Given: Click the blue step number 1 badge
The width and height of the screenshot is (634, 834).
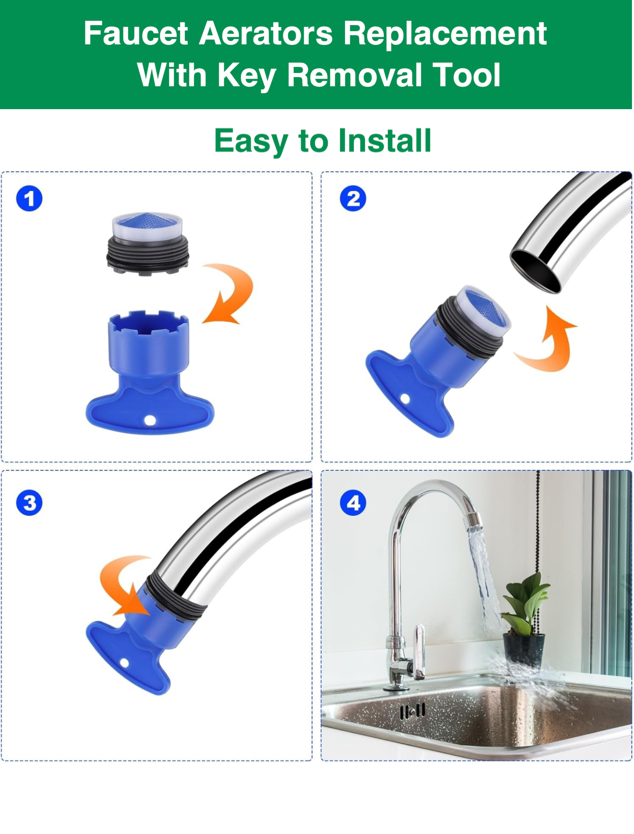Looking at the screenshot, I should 29,199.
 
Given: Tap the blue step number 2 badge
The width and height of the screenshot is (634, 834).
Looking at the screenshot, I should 354,199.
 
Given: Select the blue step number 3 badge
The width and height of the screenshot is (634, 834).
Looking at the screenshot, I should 29,503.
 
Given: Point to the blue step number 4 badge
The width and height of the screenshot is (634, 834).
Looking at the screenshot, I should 354,503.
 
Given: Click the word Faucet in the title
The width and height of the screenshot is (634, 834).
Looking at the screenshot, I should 136,34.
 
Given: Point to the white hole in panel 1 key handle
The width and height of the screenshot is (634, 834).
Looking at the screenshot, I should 150,421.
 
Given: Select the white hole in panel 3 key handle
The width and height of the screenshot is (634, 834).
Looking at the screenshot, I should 124,663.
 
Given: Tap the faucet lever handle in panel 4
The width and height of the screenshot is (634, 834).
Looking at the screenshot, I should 419,651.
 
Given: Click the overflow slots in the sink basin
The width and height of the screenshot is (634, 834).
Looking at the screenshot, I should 412,711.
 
